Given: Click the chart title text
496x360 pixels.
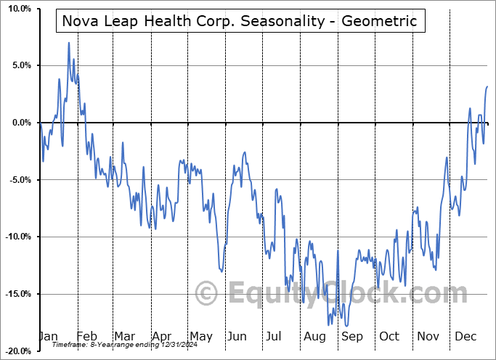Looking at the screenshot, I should [x=240, y=21].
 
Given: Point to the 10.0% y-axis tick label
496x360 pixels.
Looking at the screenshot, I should [x=17, y=9].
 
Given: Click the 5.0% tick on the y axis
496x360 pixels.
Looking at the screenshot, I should [x=20, y=65].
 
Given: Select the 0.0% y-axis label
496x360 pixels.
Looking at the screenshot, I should [x=20, y=123].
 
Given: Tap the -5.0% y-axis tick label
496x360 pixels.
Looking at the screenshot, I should [x=18, y=180].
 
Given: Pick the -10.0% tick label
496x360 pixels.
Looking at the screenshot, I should [x=16, y=237].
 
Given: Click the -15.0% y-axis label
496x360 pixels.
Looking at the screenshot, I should [x=16, y=294].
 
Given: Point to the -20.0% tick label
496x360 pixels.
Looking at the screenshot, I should [x=16, y=351].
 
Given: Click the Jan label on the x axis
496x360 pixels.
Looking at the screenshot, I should [x=48, y=337].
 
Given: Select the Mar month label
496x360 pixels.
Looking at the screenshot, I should [x=124, y=337].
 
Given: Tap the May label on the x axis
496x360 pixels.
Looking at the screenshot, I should [x=200, y=337].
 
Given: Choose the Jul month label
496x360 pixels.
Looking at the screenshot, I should [x=274, y=337].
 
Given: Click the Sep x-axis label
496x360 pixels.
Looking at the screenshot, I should [x=352, y=337].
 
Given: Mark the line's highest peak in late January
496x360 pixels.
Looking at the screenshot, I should [x=69, y=43].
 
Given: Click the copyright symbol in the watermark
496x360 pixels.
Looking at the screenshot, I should [x=206, y=293].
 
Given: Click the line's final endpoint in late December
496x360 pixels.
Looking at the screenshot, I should [x=487, y=86].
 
